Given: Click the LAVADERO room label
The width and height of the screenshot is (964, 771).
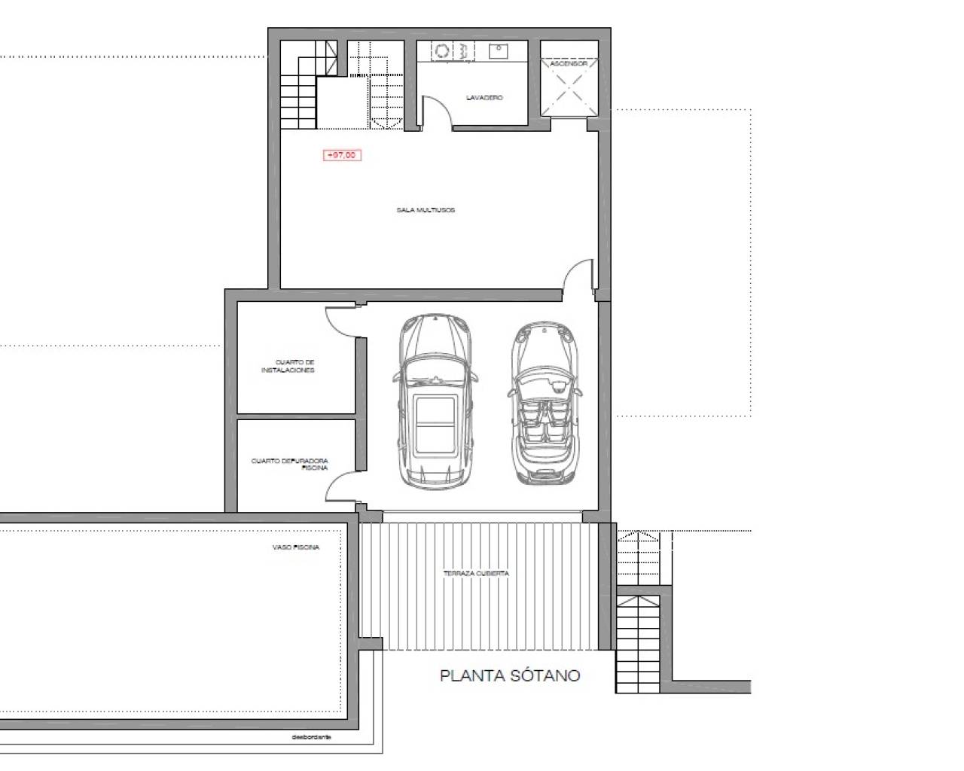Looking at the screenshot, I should click(x=484, y=98).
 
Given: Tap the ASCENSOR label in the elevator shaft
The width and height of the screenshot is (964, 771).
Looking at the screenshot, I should click(x=569, y=64).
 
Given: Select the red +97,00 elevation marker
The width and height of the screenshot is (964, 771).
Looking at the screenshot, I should click(x=342, y=155).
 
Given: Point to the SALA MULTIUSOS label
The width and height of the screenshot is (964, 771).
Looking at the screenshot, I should click(x=426, y=210).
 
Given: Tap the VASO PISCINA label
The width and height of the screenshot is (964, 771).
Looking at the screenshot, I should click(x=295, y=547).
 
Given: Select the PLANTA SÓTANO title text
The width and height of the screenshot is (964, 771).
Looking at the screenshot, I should click(x=510, y=675).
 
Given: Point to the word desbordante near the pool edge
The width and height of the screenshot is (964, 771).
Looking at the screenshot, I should click(x=312, y=738).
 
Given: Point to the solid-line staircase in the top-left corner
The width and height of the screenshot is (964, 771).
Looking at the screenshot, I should click(x=300, y=90).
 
